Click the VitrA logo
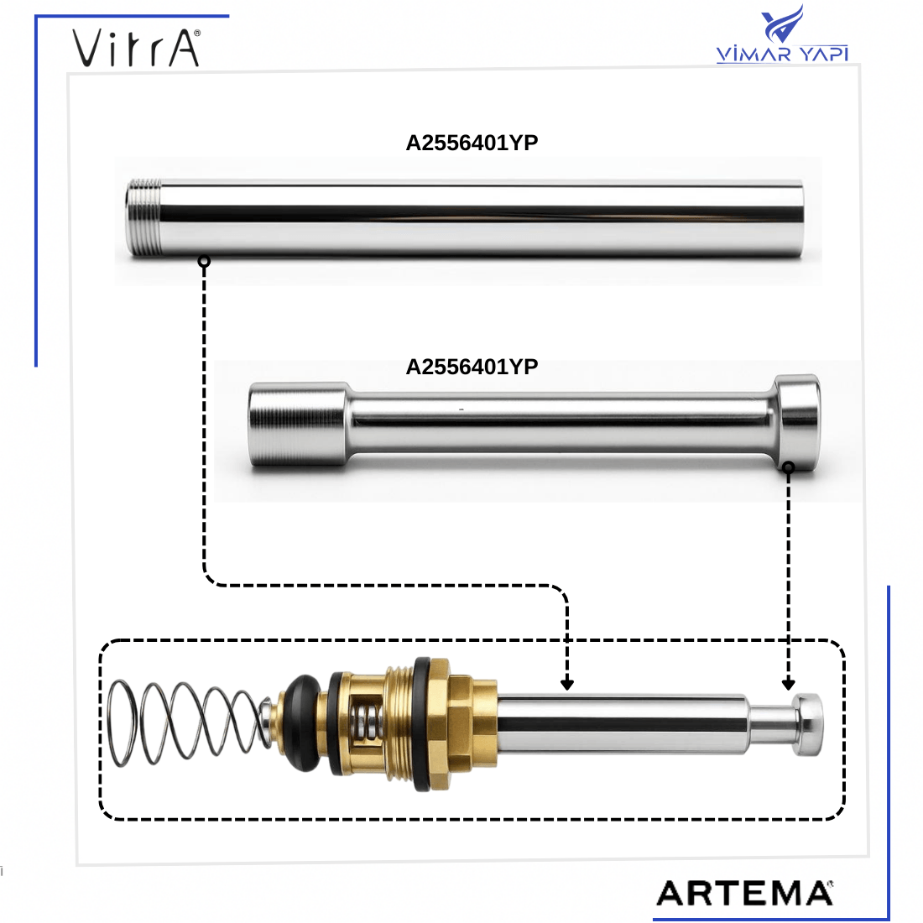[x=137, y=48]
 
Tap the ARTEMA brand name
[x=744, y=893]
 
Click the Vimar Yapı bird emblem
[x=782, y=23]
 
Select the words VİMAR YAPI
[x=782, y=55]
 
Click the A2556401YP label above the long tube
[x=472, y=143]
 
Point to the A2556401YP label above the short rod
[x=472, y=367]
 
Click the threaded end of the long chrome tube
[x=143, y=217]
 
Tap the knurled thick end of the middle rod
[x=297, y=424]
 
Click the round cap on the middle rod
[x=797, y=420]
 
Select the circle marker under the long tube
[x=204, y=261]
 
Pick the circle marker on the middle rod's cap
[x=788, y=467]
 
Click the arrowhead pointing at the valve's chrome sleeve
[x=567, y=685]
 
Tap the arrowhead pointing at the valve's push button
[x=788, y=685]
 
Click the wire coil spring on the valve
[x=188, y=723]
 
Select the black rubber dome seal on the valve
[x=301, y=722]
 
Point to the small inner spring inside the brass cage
[x=366, y=722]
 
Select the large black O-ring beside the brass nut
[x=423, y=724]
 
